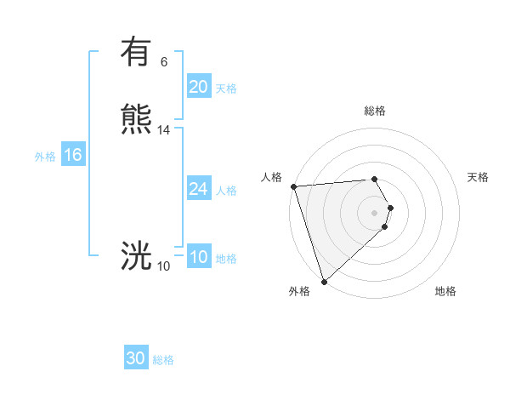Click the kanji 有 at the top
click(136, 53)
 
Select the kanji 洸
click(136, 256)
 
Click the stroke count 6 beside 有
click(164, 62)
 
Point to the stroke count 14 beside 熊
click(164, 130)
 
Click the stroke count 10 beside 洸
click(164, 266)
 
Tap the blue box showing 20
click(198, 87)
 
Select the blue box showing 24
click(198, 189)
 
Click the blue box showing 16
click(72, 155)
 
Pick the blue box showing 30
click(136, 358)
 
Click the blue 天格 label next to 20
click(226, 89)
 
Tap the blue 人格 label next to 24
click(226, 191)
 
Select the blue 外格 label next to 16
click(44, 157)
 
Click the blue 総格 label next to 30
click(163, 360)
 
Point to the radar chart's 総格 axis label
click(375, 111)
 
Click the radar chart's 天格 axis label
click(479, 177)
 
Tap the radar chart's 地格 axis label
click(445, 291)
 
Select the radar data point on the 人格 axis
click(293, 186)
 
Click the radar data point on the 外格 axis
click(324, 281)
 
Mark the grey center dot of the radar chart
click(375, 212)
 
